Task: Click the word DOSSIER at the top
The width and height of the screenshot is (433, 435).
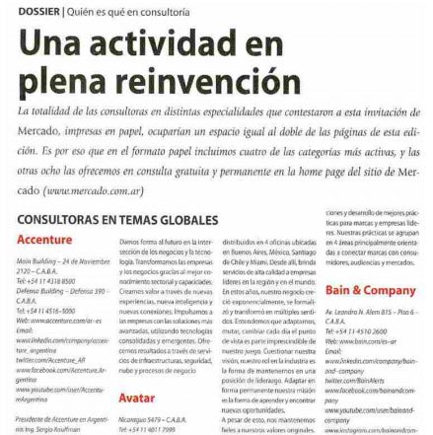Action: pos(25,8)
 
